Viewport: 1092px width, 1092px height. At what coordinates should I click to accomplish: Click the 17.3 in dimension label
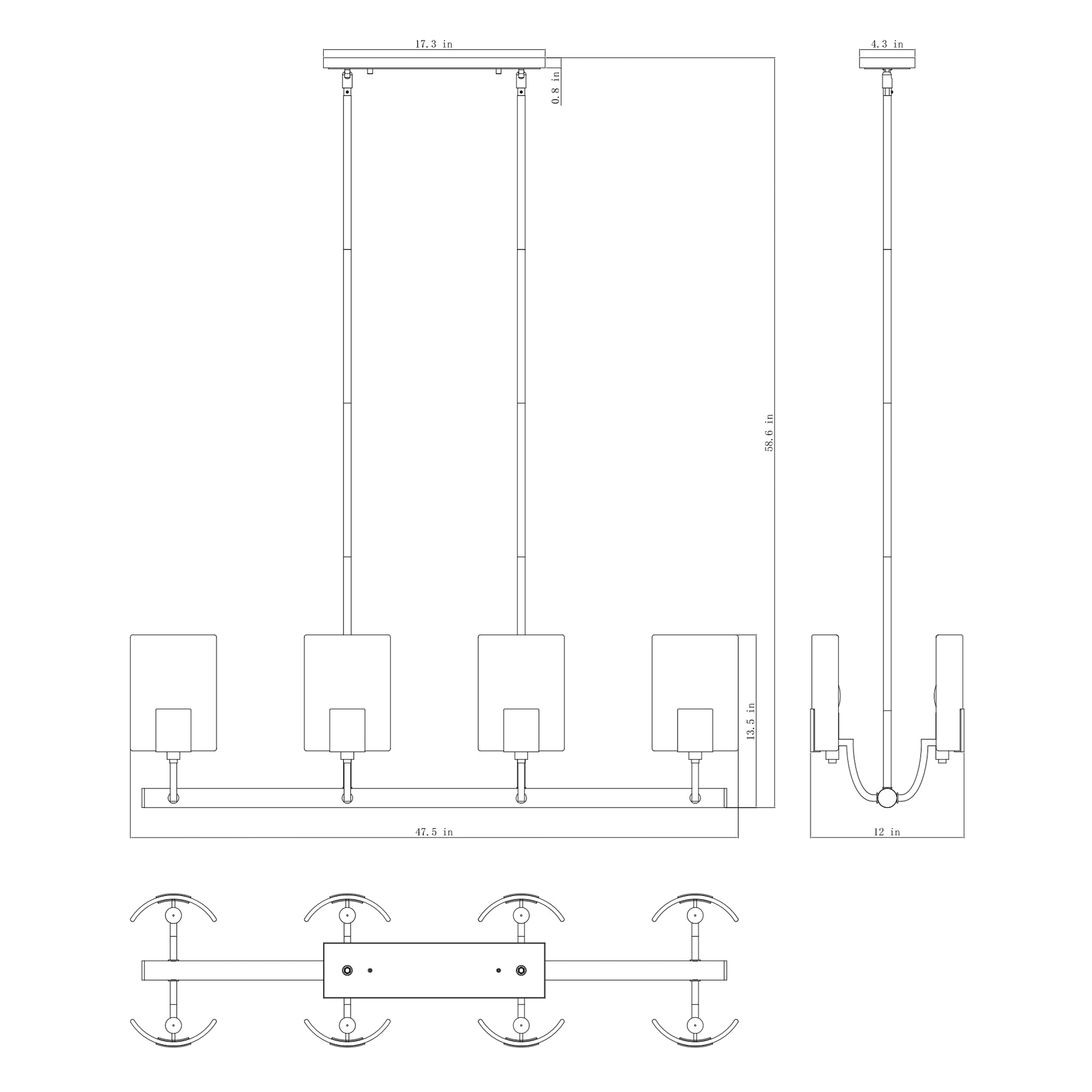coord(434,44)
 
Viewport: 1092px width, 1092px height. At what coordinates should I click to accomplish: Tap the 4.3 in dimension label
coord(887,44)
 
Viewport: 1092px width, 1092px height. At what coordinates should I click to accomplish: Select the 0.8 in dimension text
coord(556,87)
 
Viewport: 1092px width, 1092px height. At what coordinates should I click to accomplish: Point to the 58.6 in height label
coord(769,432)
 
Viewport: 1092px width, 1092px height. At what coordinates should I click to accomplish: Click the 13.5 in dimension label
coord(751,721)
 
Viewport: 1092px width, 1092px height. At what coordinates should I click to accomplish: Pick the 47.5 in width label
coord(434,832)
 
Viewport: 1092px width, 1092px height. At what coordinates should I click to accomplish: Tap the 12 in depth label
coord(887,832)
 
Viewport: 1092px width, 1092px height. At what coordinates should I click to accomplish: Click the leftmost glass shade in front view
coord(174,693)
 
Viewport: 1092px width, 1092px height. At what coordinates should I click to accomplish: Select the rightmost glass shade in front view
coord(695,693)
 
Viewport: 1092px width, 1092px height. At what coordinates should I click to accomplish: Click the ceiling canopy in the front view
coord(434,60)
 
